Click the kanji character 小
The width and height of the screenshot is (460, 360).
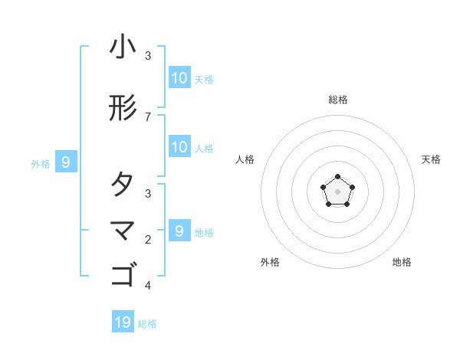click(x=123, y=47)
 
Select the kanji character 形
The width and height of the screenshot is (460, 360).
click(x=123, y=109)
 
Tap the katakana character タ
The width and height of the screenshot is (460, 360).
click(x=123, y=185)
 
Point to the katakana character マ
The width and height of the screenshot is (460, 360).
click(x=123, y=230)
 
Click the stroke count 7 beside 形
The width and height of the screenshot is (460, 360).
click(x=148, y=116)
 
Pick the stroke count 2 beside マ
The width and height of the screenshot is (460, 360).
click(x=148, y=240)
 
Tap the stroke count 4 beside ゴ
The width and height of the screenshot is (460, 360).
click(x=148, y=286)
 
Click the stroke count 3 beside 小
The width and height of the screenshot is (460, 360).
click(x=148, y=56)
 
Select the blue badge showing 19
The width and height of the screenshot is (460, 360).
click(x=123, y=322)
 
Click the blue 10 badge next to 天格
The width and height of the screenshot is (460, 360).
click(x=179, y=78)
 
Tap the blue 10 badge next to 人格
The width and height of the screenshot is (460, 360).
click(x=179, y=147)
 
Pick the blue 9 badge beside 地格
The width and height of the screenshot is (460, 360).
click(x=179, y=231)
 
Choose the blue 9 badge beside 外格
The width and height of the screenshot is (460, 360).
click(x=66, y=162)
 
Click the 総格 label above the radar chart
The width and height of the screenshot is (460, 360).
click(x=337, y=100)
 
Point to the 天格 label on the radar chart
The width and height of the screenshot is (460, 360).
click(x=432, y=159)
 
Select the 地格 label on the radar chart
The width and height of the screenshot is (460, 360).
click(x=402, y=262)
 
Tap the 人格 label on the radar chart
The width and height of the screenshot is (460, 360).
click(x=245, y=159)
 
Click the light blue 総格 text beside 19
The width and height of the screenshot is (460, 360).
click(x=147, y=324)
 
